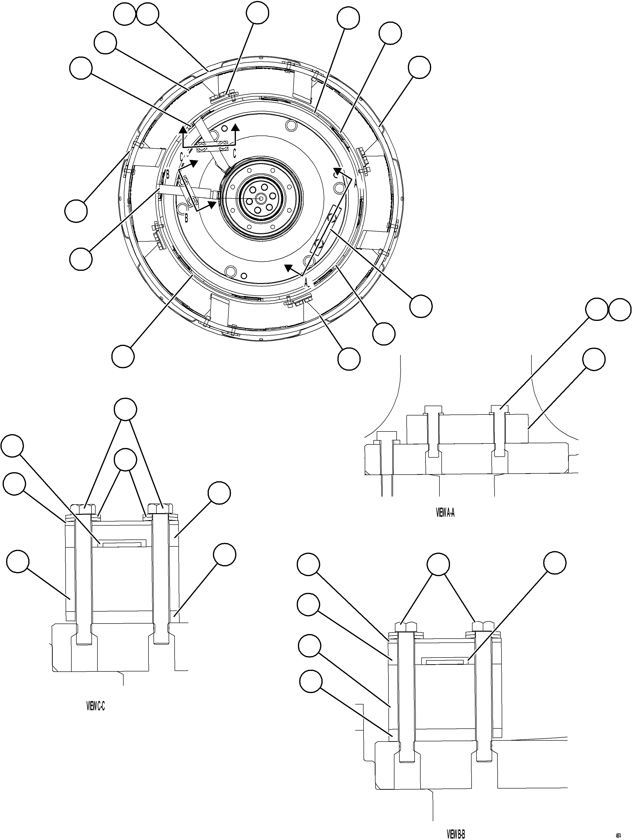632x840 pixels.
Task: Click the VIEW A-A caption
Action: [445, 513]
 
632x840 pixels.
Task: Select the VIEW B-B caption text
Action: [455, 834]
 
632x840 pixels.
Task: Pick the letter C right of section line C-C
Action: [234, 153]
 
